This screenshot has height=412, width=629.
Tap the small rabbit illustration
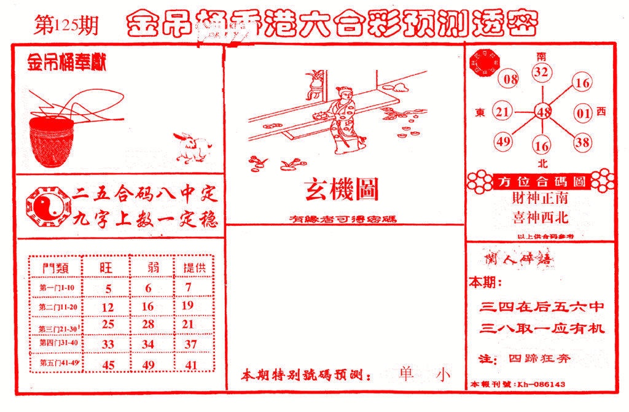(191, 147)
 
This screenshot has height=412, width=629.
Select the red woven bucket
(53, 141)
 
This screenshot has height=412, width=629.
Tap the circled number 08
(510, 79)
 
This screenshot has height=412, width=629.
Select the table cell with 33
(108, 345)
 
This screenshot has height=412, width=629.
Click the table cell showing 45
(108, 365)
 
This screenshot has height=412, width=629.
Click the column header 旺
(107, 268)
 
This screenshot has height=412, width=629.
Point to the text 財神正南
(540, 199)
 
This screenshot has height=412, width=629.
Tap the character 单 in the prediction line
(405, 375)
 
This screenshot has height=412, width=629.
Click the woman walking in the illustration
(341, 120)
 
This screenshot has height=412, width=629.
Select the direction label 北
(542, 163)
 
